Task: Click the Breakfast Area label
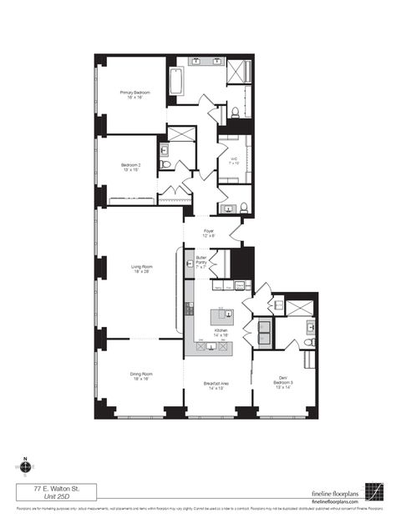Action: click(216, 386)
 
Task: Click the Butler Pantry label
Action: click(201, 261)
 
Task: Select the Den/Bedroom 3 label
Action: click(285, 385)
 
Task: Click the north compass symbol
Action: click(26, 465)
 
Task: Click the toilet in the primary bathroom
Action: click(236, 113)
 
